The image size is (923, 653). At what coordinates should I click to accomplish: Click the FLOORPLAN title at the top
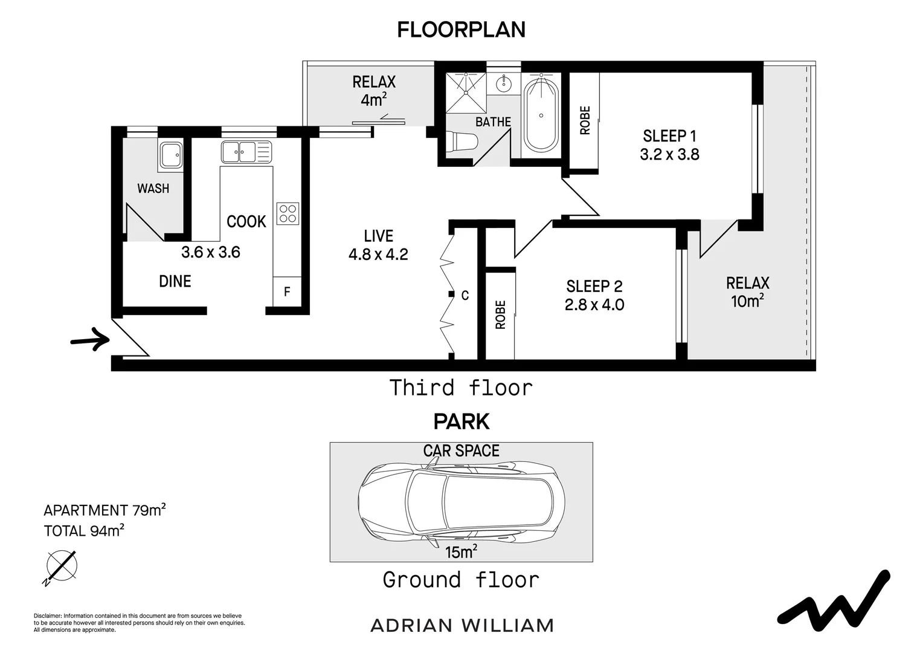click(461, 30)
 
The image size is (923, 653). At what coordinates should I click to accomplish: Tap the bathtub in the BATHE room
click(541, 115)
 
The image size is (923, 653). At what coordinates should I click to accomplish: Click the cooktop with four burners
click(288, 213)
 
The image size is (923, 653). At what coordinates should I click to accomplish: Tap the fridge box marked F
click(287, 292)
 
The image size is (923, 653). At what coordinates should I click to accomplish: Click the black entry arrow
click(89, 340)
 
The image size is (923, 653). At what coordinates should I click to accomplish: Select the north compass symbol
click(61, 567)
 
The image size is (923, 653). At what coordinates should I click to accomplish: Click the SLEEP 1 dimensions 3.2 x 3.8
click(669, 155)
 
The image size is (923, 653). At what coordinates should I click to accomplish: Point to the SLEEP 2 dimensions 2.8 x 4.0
click(594, 305)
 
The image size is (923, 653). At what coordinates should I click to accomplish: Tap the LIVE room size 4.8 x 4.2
click(378, 255)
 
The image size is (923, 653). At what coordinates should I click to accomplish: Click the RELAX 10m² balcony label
click(747, 291)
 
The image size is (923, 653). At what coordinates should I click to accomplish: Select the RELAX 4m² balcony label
click(374, 91)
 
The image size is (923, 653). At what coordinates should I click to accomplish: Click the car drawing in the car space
click(462, 502)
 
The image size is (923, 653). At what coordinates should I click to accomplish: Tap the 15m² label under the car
click(461, 552)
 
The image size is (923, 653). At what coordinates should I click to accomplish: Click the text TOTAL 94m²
click(84, 531)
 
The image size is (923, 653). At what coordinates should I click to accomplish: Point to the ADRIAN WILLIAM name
click(461, 625)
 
